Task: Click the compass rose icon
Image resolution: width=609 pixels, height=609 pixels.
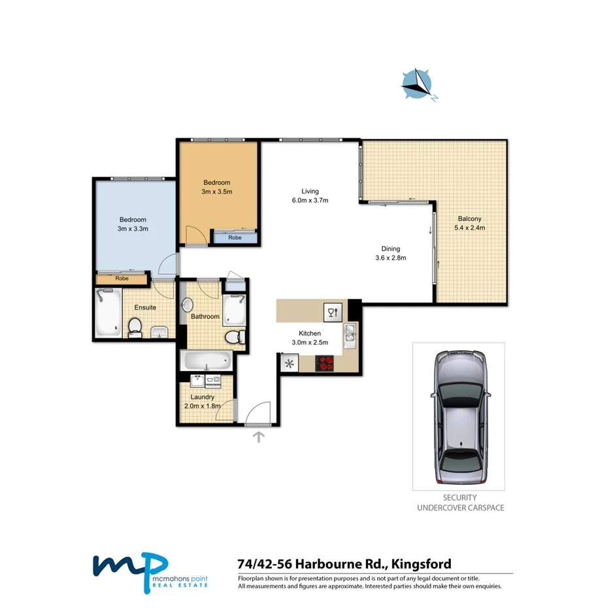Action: coord(417,84)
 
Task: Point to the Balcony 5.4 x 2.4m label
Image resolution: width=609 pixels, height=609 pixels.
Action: coord(469,223)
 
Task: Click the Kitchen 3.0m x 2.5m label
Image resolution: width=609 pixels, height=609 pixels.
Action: coord(309,337)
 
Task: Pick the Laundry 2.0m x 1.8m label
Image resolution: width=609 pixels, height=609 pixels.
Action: coord(203,401)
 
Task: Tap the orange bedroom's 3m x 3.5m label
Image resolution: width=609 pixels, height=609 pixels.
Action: coord(218,187)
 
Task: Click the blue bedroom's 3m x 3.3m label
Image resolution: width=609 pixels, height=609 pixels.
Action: coord(132,224)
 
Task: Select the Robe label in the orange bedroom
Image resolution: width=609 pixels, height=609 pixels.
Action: coord(235,238)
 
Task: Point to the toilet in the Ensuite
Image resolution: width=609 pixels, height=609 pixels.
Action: coord(135,327)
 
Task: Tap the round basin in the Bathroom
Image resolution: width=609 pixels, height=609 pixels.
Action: coord(188,304)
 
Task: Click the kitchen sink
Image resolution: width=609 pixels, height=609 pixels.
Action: coord(350,333)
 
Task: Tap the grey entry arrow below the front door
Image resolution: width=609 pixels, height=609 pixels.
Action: coord(259,436)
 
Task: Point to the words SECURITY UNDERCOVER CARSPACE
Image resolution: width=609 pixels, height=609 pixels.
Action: coord(459,502)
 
